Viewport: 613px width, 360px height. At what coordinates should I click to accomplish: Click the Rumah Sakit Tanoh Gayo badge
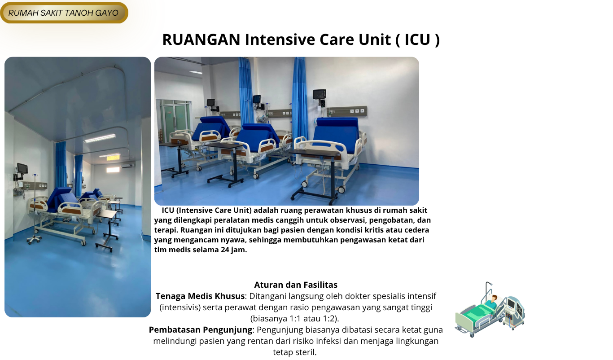[64, 13]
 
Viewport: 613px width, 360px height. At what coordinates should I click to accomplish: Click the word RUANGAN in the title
[201, 40]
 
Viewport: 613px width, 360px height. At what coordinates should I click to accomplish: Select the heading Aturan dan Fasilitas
[296, 285]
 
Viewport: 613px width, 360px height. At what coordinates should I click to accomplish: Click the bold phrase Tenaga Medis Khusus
[200, 296]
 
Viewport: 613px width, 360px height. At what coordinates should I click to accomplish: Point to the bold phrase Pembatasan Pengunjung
[200, 330]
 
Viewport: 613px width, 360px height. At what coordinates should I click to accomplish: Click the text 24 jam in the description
[233, 250]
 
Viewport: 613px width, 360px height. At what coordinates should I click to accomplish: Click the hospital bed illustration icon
[490, 310]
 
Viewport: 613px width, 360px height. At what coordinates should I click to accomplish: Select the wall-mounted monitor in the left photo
[22, 168]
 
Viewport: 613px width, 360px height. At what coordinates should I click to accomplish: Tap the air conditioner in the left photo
[127, 165]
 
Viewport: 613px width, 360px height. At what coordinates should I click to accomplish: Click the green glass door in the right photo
[175, 119]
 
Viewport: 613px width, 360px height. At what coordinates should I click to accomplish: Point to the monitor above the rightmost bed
[320, 94]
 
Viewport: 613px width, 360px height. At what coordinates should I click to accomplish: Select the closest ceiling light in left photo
[100, 139]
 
